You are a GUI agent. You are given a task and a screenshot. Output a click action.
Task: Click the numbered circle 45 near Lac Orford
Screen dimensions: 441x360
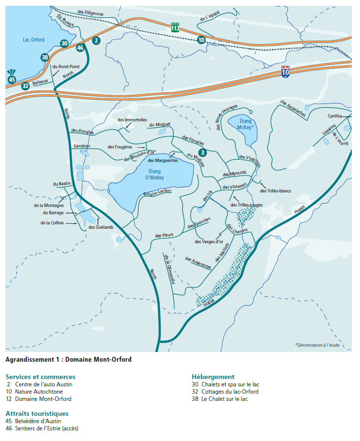(12, 80)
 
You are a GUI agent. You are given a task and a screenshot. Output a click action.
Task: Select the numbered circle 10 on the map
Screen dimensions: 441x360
(201, 40)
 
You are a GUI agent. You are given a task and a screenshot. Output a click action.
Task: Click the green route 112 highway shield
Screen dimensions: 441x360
(175, 28)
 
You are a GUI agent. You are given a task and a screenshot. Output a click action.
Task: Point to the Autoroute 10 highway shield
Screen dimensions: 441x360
(285, 73)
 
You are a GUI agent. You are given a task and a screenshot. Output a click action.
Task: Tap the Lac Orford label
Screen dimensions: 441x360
(33, 40)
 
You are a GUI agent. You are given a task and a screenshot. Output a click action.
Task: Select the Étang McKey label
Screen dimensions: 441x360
(246, 124)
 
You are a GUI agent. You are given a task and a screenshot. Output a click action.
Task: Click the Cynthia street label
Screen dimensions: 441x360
(334, 116)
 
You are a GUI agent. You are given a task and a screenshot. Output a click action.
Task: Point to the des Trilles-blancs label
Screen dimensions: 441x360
(275, 191)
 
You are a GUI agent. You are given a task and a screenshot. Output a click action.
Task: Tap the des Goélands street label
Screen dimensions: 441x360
(101, 227)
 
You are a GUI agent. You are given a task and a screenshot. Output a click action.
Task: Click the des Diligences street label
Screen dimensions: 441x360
(90, 14)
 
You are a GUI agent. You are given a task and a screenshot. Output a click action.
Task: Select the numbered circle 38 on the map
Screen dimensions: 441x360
(45, 58)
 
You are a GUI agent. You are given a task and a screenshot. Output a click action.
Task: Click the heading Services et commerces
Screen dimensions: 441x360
(41, 377)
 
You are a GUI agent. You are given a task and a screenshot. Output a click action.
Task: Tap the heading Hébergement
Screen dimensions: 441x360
(213, 377)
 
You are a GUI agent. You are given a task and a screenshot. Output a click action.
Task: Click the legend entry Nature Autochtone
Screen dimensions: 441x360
(39, 392)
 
